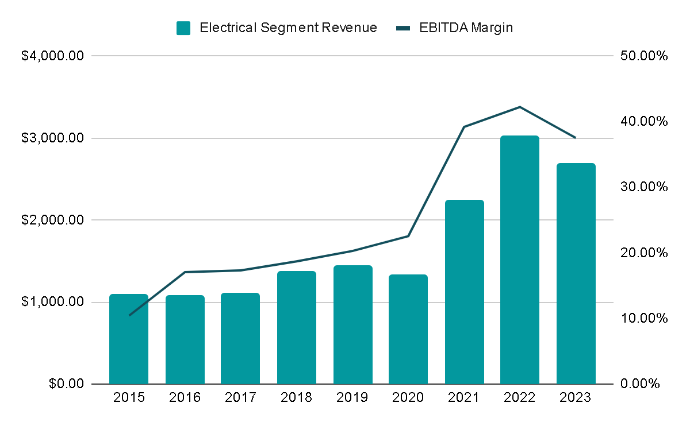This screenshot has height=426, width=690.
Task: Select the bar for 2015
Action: tap(129, 339)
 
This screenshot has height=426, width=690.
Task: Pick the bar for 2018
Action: tap(296, 327)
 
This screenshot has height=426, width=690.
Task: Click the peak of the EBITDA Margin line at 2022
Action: tap(520, 107)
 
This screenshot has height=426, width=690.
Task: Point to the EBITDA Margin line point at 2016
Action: tap(185, 272)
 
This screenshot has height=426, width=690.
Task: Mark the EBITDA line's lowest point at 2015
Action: tap(129, 315)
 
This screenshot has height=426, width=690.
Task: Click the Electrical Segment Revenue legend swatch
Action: tap(183, 28)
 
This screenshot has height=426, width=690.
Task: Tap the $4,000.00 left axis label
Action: tap(53, 56)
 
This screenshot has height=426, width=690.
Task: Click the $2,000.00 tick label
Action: tap(53, 220)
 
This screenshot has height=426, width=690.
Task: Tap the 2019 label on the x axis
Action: tap(352, 398)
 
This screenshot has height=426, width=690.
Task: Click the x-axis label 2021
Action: tap(464, 398)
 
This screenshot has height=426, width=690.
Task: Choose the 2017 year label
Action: tap(240, 398)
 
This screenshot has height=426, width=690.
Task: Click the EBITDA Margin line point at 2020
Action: tap(408, 236)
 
